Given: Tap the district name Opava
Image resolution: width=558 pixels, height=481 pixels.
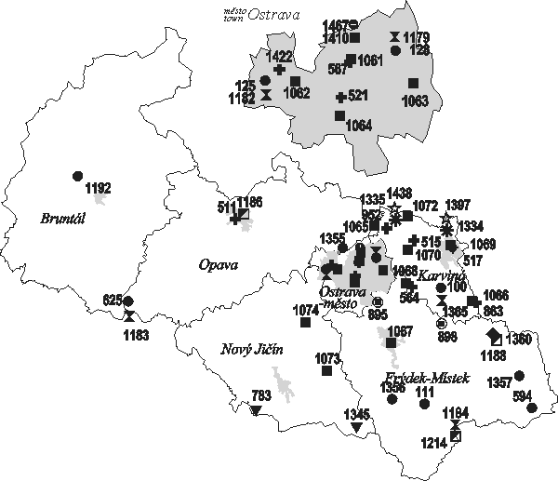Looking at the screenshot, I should tap(219, 265).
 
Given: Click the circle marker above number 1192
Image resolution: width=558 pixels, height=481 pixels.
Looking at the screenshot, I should tap(77, 175).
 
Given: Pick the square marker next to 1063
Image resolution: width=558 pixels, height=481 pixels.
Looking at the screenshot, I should tap(413, 84).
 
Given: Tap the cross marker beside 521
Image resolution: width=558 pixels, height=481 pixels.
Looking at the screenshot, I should tap(340, 97).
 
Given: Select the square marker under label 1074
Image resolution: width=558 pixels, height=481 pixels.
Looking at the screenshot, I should tap(304, 323).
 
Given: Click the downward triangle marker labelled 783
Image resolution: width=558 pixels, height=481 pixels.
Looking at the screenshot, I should tap(256, 409).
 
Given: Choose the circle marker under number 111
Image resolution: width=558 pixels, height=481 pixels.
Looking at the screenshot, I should tap(424, 404).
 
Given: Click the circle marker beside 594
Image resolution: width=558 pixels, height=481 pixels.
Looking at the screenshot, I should tap(531, 408).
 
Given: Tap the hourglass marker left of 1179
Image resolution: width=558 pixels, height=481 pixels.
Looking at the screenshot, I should tap(395, 37).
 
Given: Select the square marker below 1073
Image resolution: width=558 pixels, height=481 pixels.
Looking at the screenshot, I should tap(326, 370).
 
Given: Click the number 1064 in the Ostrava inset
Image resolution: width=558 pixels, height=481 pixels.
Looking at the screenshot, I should tap(360, 126).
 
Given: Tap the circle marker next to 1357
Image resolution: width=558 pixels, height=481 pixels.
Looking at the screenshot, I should tap(519, 375).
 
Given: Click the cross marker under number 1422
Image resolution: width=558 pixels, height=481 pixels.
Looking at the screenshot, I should tap(279, 71).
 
